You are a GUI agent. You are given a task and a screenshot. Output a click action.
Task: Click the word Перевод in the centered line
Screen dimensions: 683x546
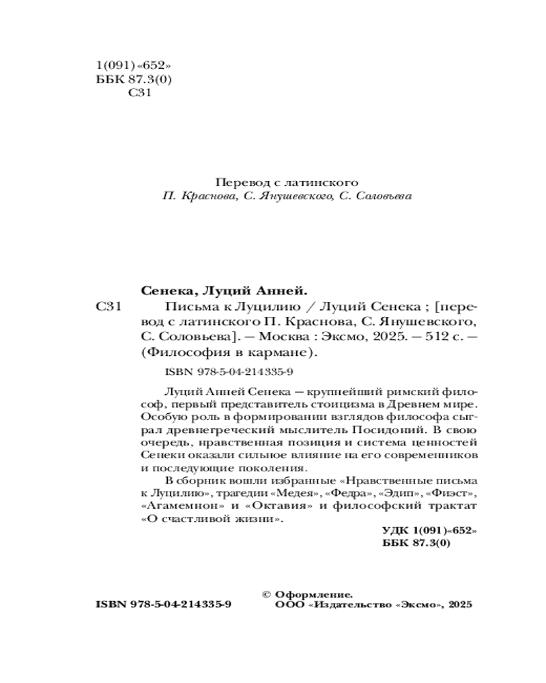pyautogui.click(x=237, y=182)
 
